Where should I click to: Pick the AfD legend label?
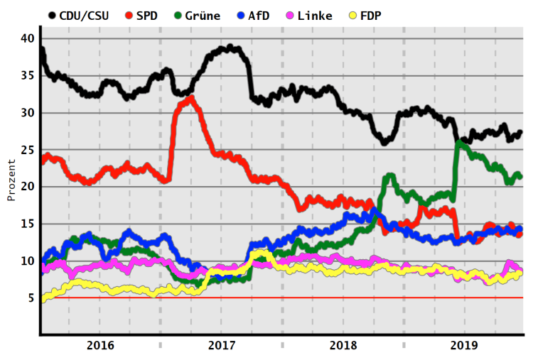click(259, 14)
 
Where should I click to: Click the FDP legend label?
click(370, 14)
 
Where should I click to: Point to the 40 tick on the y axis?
click(27, 38)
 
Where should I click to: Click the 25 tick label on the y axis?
click(27, 150)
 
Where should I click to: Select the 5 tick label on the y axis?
click(31, 298)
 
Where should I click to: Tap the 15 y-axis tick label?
click(27, 224)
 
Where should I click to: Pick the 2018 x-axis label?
click(343, 345)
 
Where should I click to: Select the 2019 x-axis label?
click(464, 345)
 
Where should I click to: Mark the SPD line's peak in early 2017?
click(190, 98)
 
